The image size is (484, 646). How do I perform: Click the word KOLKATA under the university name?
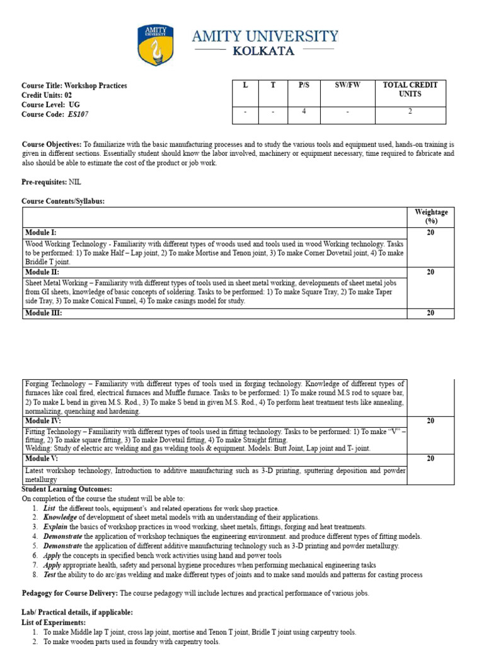(263, 51)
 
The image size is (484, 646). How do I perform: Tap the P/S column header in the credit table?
(304, 85)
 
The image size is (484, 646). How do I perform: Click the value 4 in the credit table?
(304, 112)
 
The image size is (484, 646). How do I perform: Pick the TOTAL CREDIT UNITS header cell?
(410, 90)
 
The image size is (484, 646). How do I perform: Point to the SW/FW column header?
(347, 85)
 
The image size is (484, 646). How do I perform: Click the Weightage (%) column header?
(431, 216)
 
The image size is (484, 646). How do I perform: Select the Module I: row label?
(40, 233)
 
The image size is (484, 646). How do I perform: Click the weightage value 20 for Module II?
(431, 273)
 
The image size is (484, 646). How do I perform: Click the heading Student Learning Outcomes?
(67, 490)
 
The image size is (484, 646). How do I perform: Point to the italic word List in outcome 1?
(50, 508)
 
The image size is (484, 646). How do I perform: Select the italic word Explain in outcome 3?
(55, 527)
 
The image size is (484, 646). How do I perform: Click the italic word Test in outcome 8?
(50, 575)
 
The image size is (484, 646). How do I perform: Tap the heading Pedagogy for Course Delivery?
(70, 594)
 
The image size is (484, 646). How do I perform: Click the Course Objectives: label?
(52, 144)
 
